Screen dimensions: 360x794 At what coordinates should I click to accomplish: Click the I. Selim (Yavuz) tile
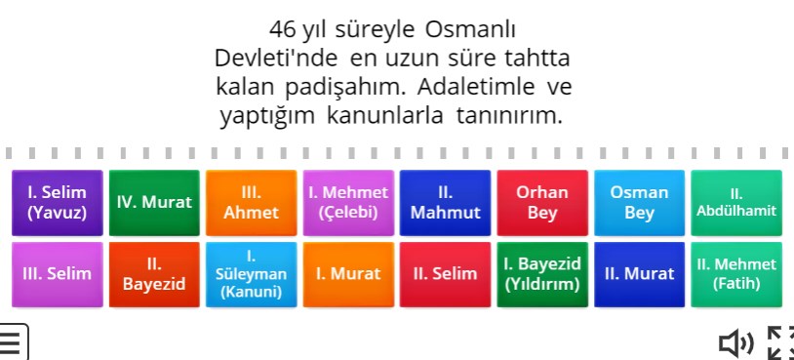[57, 202]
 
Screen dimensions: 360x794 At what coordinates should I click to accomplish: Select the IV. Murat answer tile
[154, 202]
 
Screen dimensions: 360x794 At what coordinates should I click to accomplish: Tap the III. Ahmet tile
[251, 202]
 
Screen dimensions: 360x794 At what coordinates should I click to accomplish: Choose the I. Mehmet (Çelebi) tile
[348, 202]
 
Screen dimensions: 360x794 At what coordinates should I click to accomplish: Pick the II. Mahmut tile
[445, 202]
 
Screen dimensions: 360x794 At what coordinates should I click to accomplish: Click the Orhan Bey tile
[542, 202]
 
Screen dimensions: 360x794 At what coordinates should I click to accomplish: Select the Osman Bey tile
[639, 202]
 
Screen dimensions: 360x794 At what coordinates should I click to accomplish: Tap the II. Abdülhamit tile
[736, 202]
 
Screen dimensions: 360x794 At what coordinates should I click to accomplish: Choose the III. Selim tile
[57, 274]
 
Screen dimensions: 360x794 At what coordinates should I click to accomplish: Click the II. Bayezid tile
[154, 274]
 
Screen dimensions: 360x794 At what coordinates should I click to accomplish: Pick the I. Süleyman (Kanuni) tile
[251, 274]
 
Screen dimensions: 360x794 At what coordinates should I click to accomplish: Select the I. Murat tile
[348, 274]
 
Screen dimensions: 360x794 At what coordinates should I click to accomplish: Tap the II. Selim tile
[445, 274]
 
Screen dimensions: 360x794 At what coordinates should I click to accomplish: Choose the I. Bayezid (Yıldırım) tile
[542, 274]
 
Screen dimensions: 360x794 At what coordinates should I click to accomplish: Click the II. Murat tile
[639, 274]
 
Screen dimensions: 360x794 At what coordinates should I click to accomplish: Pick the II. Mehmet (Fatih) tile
[736, 274]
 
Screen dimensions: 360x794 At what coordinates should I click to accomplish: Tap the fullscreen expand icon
[780, 342]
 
